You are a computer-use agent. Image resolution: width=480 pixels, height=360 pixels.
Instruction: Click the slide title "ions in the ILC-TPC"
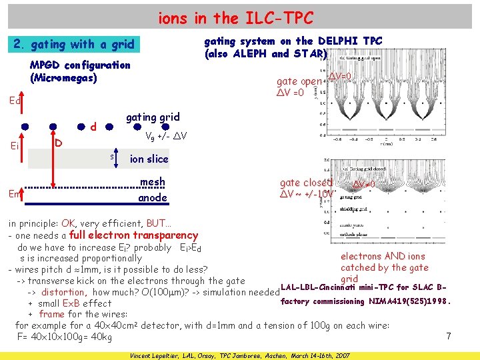pyautogui.click(x=235, y=17)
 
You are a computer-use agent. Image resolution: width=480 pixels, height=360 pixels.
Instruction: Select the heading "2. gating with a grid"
pyautogui.click(x=74, y=45)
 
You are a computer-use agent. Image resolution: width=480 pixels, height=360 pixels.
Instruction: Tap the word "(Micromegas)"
pyautogui.click(x=64, y=78)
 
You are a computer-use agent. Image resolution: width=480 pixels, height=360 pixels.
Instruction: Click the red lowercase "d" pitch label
pyautogui.click(x=94, y=127)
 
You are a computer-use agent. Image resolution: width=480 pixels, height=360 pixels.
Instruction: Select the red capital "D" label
pyautogui.click(x=59, y=143)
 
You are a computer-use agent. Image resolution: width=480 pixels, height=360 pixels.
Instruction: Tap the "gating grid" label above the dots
pyautogui.click(x=153, y=117)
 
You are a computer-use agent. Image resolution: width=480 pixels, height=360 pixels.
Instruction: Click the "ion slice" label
pyautogui.click(x=149, y=159)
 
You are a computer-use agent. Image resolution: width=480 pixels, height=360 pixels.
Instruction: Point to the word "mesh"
pyautogui.click(x=152, y=182)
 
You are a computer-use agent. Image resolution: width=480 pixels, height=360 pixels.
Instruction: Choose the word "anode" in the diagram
pyautogui.click(x=152, y=198)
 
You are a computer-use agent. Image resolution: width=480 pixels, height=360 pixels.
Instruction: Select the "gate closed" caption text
pyautogui.click(x=305, y=183)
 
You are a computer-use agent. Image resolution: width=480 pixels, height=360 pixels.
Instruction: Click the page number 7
pyautogui.click(x=449, y=337)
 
